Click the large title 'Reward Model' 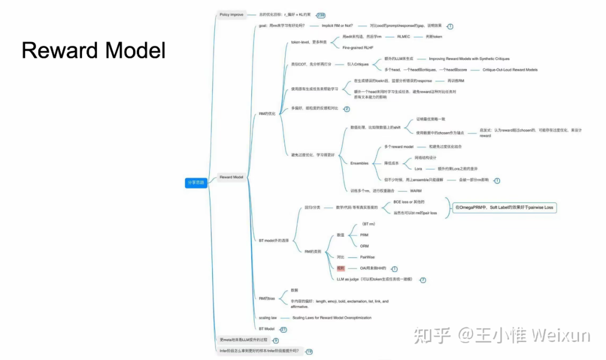(94, 50)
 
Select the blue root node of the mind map (196, 182)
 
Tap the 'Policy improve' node (231, 15)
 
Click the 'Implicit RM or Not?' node (337, 26)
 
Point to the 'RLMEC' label (404, 36)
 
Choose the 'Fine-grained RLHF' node (357, 48)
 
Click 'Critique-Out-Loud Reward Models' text (510, 70)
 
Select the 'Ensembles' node (359, 163)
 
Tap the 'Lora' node (418, 168)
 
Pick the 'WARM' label (416, 191)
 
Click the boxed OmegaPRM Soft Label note (504, 207)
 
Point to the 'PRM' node (364, 235)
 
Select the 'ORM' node (364, 246)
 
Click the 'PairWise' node (367, 257)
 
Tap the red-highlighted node (341, 269)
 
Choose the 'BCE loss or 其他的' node (408, 202)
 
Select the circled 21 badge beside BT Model (283, 329)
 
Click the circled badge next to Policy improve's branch (320, 15)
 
